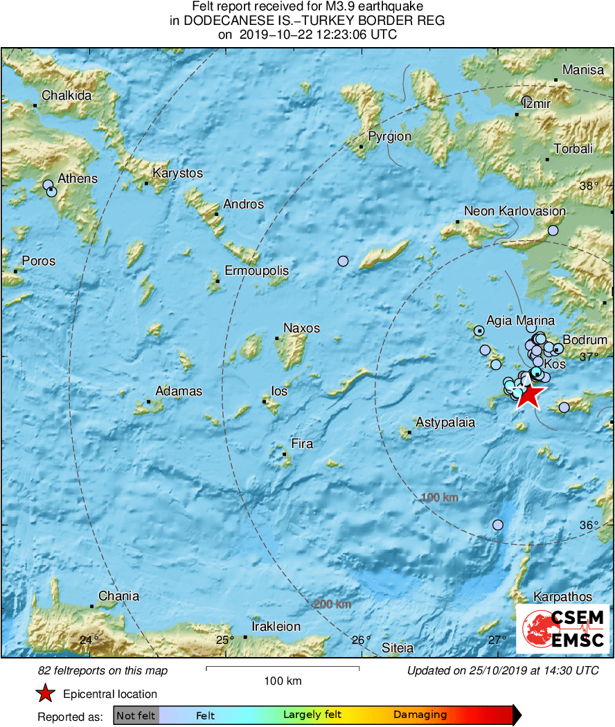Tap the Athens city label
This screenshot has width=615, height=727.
tap(78, 179)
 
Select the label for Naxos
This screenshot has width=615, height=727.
tap(301, 327)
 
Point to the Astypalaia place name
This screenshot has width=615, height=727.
tap(445, 422)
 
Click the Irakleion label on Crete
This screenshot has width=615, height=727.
tap(276, 627)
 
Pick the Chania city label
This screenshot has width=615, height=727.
tap(118, 596)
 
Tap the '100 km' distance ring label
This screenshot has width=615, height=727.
tap(440, 497)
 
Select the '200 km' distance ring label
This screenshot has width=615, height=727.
tap(332, 604)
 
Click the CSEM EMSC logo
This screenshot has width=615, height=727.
tap(563, 629)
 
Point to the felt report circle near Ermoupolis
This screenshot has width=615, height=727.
tap(343, 261)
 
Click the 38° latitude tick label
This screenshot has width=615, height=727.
tap(589, 186)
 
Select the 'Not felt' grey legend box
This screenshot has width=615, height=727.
tap(136, 715)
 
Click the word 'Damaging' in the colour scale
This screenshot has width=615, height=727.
tap(420, 715)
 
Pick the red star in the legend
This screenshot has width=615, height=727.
tap(46, 693)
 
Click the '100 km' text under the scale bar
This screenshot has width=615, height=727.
tap(283, 681)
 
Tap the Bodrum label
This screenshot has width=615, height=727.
tap(585, 340)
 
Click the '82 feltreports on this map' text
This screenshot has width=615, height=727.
tap(102, 670)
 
